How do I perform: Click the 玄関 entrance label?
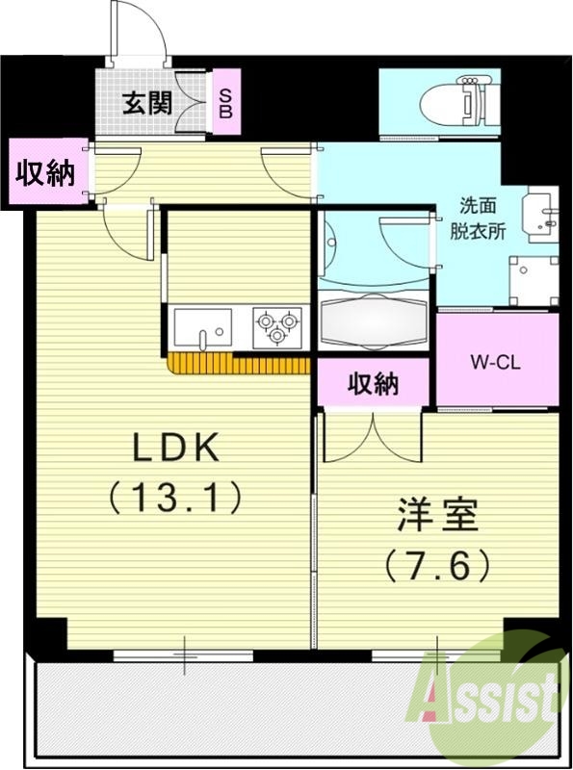147,103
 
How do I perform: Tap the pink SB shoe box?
226,102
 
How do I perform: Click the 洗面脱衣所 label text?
478,218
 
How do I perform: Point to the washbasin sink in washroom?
543,215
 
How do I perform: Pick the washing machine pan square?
534,281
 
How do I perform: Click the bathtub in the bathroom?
374,321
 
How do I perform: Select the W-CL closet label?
495,363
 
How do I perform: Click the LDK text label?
176,447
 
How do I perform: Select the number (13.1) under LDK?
175,496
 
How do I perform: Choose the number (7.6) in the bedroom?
437,565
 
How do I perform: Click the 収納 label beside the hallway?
45,172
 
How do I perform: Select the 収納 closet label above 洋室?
374,382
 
